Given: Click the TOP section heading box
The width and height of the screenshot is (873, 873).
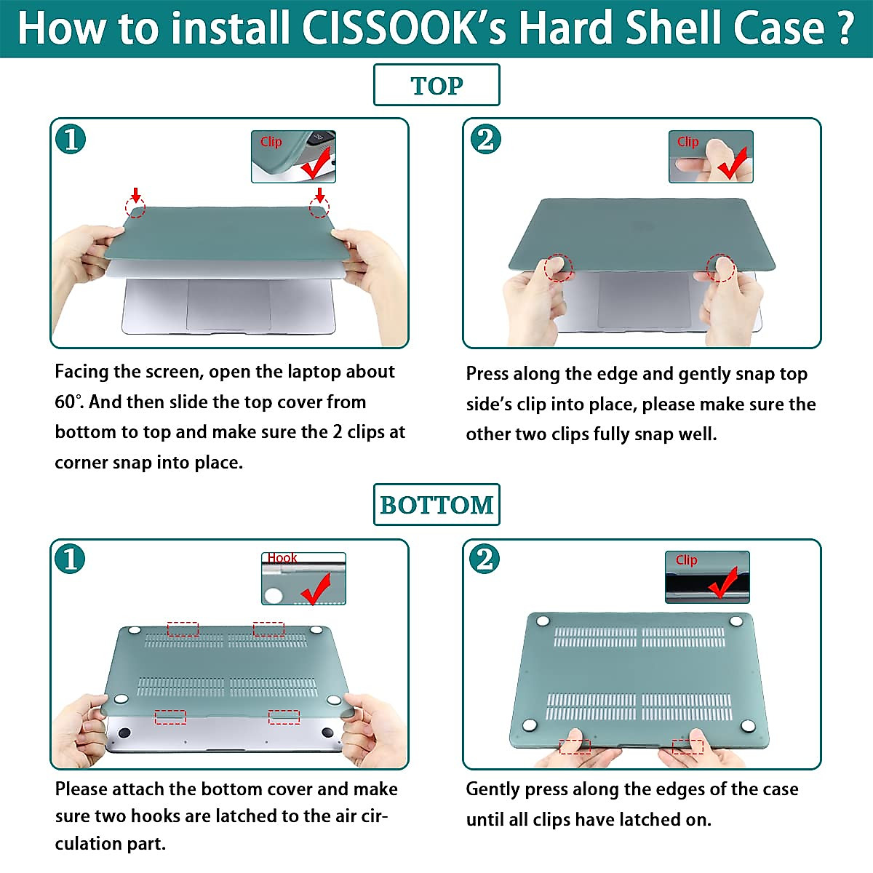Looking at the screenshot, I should click(436, 85).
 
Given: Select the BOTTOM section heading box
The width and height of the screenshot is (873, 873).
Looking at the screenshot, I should click(436, 504).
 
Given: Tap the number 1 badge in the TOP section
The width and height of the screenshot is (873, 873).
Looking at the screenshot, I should click(71, 139).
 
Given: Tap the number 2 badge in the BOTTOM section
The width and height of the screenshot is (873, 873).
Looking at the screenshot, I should click(485, 559).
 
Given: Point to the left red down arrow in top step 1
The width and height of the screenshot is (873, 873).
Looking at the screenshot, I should click(135, 194).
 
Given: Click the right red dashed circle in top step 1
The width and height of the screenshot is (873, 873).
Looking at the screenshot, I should click(319, 208).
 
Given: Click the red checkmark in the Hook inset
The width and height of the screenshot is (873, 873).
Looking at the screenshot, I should click(316, 589).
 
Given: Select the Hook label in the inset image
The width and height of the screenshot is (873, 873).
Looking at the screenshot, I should click(282, 558).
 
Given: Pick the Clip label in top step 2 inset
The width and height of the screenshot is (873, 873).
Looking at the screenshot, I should click(687, 142).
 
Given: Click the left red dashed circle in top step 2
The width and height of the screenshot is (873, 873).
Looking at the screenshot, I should click(559, 267).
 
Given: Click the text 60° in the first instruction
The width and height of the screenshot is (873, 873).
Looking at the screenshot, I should click(66, 402).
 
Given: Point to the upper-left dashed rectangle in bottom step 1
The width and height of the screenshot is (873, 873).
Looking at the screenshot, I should click(183, 629).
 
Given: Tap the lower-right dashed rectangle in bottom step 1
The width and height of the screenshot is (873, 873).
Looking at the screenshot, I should click(284, 717).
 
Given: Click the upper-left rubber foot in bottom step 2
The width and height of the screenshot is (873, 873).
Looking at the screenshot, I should click(542, 621).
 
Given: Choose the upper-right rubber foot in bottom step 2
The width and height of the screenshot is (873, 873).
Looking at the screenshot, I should click(736, 621).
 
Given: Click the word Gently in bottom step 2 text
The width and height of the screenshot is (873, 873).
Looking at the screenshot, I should click(493, 789).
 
